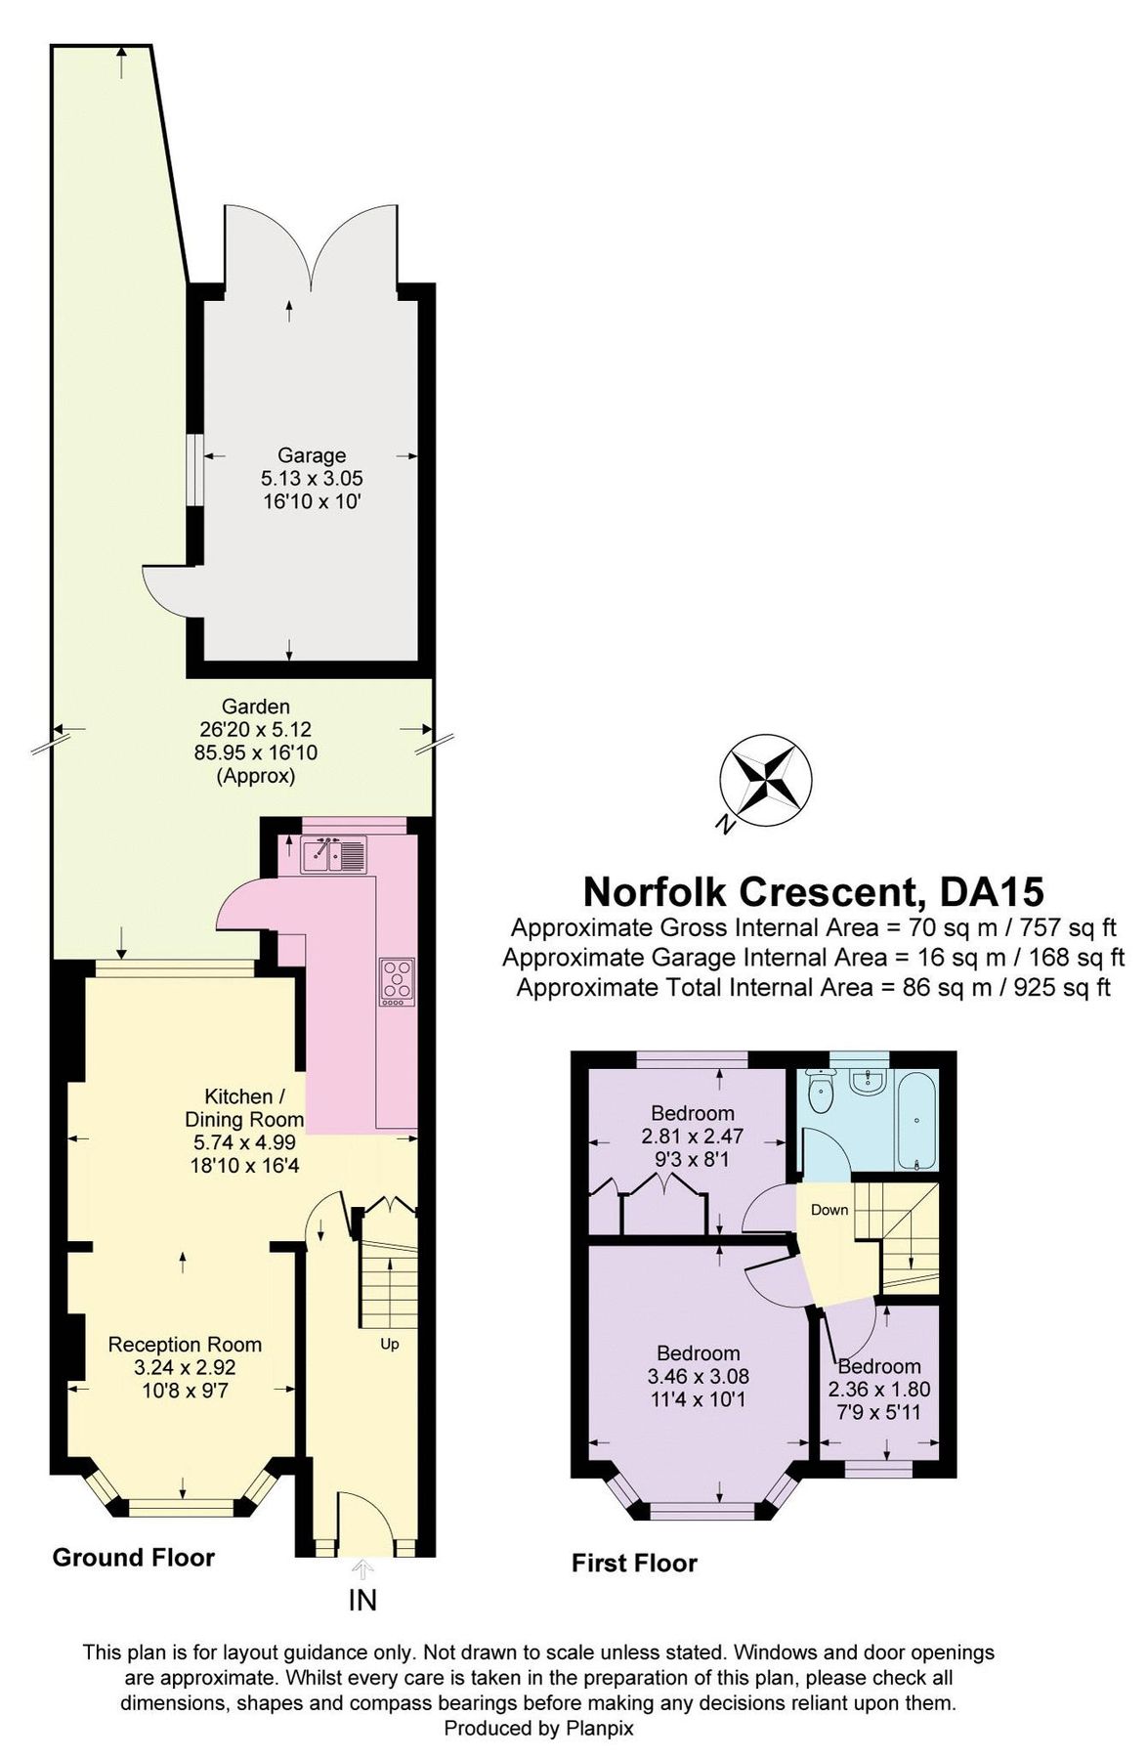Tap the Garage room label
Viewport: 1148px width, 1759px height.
pyautogui.click(x=312, y=455)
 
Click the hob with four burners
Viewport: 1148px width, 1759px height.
pyautogui.click(x=398, y=979)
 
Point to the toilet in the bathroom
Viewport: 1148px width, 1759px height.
pyautogui.click(x=821, y=1091)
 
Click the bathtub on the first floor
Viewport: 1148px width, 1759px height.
pyautogui.click(x=916, y=1119)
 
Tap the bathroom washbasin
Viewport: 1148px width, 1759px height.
pyautogui.click(x=867, y=1082)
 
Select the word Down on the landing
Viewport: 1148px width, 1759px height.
pyautogui.click(x=829, y=1210)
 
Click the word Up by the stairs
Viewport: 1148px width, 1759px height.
pyautogui.click(x=390, y=1345)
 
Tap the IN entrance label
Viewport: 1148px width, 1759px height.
pyautogui.click(x=362, y=1601)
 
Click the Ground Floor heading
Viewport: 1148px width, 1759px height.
pyautogui.click(x=133, y=1558)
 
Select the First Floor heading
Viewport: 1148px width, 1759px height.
pyautogui.click(x=634, y=1564)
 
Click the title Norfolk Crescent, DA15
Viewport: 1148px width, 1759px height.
pyautogui.click(x=813, y=891)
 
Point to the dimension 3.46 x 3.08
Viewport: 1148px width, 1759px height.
pyautogui.click(x=698, y=1377)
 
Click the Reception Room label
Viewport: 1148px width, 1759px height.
pyautogui.click(x=185, y=1345)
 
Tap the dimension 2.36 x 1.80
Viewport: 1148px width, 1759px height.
pyautogui.click(x=878, y=1389)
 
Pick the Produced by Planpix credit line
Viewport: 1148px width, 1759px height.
pyautogui.click(x=538, y=1728)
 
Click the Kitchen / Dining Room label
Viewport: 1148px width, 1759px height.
pyautogui.click(x=244, y=1108)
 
